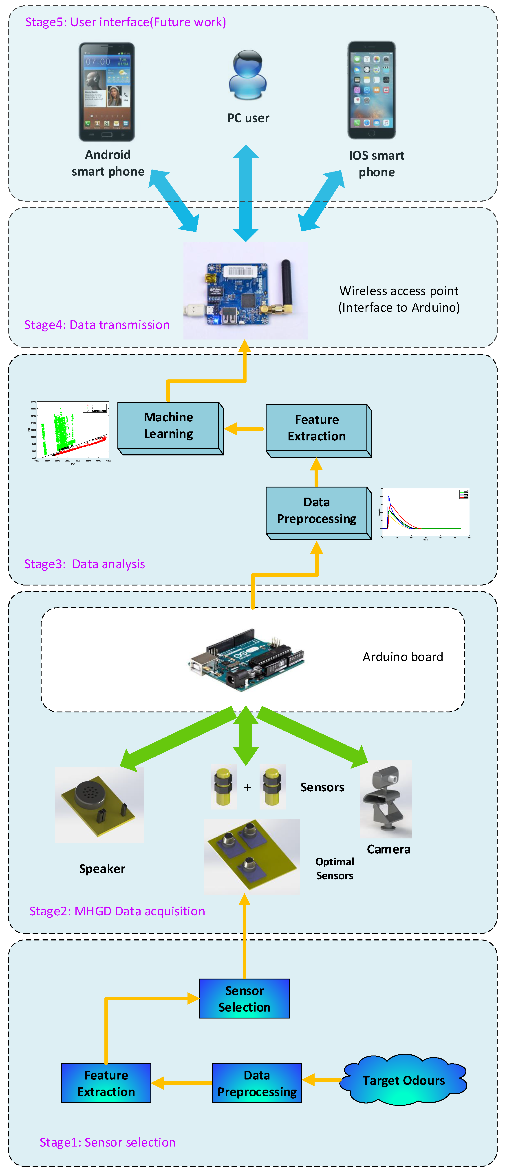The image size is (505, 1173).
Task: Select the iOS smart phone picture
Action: tap(371, 90)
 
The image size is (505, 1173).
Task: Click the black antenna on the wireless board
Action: tap(286, 282)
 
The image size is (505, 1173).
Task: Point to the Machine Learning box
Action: tap(169, 426)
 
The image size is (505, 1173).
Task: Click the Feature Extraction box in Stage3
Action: tap(317, 428)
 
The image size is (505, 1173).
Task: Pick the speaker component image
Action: tap(99, 805)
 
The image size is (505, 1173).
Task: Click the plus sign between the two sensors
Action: tap(247, 787)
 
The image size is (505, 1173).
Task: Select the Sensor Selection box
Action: tap(244, 999)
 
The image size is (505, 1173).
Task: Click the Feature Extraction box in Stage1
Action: tap(106, 1083)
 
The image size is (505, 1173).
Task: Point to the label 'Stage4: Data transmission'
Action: tap(97, 325)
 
